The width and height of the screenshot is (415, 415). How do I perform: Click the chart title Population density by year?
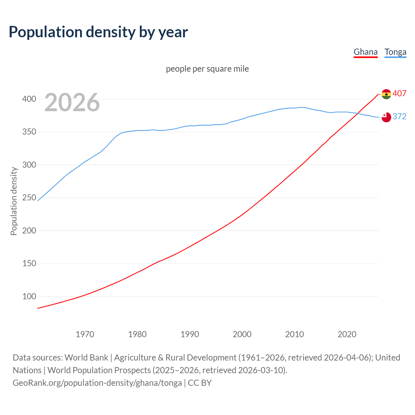98,32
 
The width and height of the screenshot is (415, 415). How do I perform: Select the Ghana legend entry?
365,52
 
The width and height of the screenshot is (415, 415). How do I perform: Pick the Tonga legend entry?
395,52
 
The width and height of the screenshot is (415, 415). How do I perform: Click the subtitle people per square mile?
207,69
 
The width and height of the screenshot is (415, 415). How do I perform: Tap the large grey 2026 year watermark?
72,102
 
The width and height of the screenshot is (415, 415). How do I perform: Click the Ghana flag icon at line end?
386,94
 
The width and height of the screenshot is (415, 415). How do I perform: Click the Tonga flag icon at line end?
386,117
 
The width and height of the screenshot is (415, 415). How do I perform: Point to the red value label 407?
399,94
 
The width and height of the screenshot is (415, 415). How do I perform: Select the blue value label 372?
399,117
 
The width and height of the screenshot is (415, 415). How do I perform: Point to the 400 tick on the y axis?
29,99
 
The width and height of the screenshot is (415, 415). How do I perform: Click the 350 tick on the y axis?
29,132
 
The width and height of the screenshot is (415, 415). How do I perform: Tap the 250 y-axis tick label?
29,198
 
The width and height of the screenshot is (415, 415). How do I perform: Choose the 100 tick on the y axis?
29,296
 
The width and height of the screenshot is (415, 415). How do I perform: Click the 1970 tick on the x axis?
85,334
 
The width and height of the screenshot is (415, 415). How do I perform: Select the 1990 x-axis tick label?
190,334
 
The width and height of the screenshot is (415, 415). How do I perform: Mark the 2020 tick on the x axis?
347,334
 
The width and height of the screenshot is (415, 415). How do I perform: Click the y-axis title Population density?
14,201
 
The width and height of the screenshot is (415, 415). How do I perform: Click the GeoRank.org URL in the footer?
97,383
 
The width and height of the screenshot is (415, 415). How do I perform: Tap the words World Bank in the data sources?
86,358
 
